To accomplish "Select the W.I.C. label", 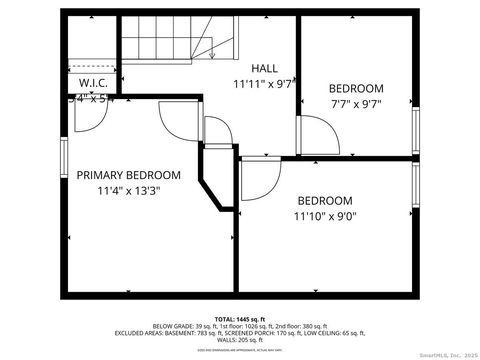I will tap(93, 83).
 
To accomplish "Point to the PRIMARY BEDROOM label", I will tap(128, 174).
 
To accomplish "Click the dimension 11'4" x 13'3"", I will tap(128, 190).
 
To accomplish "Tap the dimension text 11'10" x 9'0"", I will tap(325, 215).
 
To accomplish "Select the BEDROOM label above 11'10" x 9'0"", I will tap(325, 199).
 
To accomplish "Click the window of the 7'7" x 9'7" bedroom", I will tap(417, 125).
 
